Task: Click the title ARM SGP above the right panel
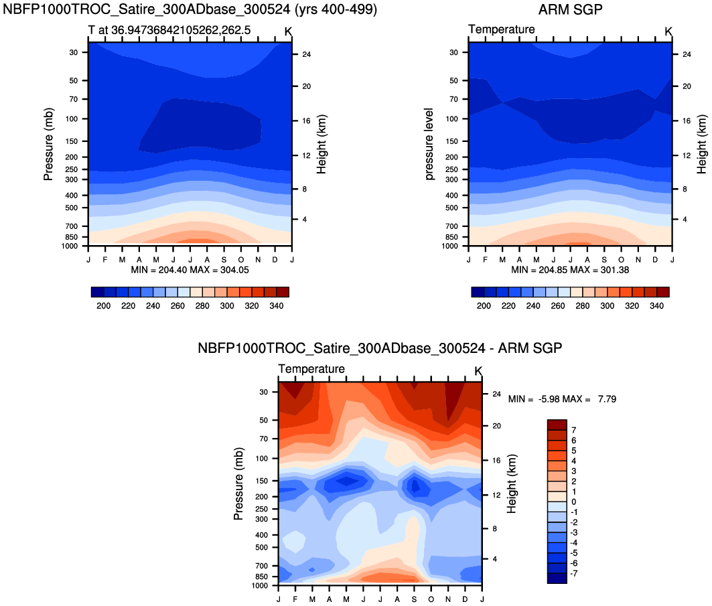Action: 570,10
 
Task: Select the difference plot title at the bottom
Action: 379,349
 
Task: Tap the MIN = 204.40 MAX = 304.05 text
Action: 190,270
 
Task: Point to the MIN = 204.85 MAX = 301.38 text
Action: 570,270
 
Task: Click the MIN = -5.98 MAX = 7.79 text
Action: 562,399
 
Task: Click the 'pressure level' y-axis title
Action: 429,144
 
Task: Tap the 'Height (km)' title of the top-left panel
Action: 322,144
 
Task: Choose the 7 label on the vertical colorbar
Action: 574,430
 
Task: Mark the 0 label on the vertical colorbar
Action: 574,502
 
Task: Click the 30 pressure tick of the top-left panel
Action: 74,52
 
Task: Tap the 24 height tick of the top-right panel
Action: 687,54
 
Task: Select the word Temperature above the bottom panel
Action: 311,369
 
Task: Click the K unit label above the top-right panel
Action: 668,31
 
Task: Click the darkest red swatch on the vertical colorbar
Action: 557,425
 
